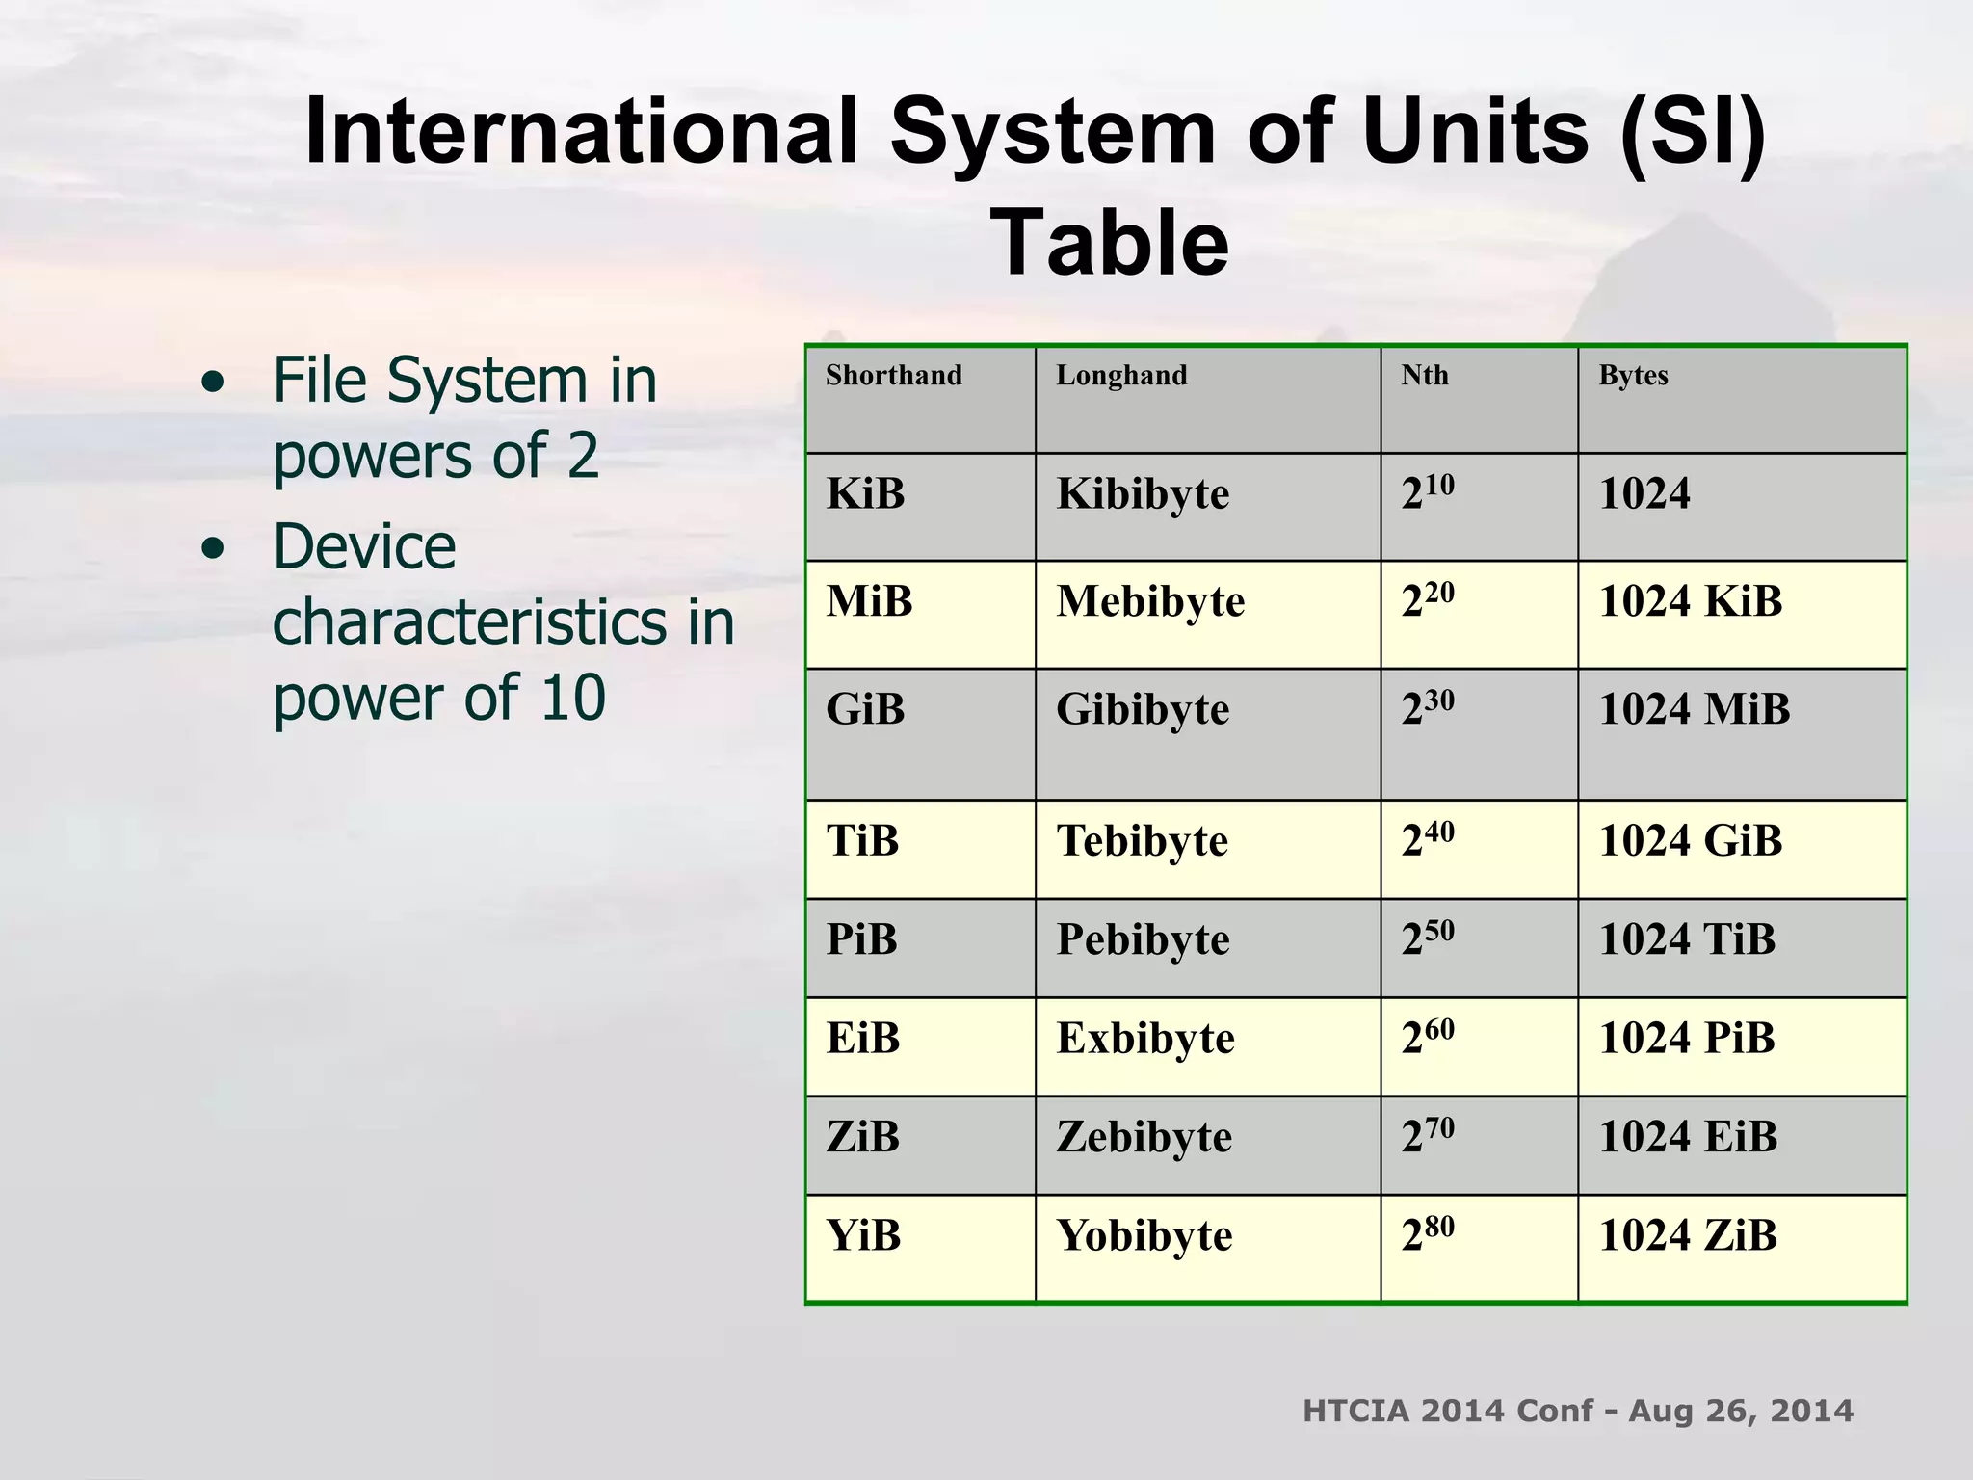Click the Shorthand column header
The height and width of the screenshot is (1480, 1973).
tap(893, 375)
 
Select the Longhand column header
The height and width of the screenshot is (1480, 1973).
tap(1121, 375)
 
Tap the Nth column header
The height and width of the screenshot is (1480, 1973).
tap(1424, 375)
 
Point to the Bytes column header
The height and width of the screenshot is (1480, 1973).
tap(1633, 375)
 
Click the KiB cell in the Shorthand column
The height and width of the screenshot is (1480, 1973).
tap(865, 494)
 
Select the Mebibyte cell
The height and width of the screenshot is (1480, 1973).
tap(1150, 602)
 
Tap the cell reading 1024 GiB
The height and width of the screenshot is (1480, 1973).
tap(1690, 841)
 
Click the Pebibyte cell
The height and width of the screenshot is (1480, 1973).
tap(1143, 940)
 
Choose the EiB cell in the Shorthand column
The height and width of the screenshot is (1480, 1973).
tap(862, 1039)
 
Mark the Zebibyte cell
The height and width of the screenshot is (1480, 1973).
tap(1144, 1138)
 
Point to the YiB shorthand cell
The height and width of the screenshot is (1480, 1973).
tap(863, 1236)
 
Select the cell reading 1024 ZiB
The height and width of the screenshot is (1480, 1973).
tap(1687, 1236)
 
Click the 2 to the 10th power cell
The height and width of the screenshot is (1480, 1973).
tap(1428, 493)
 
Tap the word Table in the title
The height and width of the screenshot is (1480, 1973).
tap(1109, 243)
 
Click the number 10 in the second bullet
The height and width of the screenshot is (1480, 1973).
tap(572, 698)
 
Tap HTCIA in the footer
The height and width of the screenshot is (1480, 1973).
tap(1355, 1411)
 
